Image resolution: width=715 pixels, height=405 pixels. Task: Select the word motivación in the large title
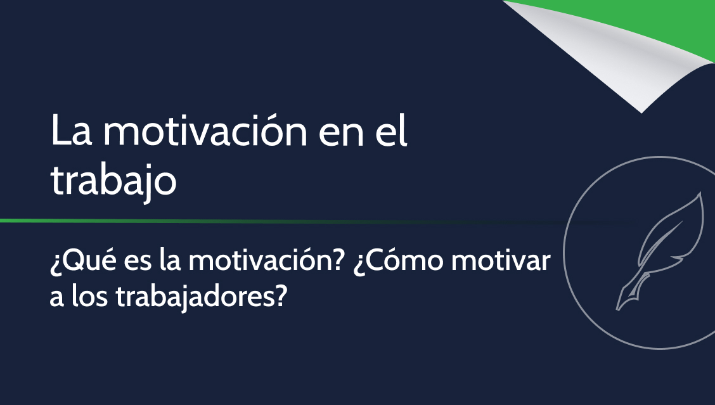[205, 131]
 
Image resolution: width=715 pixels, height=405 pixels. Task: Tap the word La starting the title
[71, 131]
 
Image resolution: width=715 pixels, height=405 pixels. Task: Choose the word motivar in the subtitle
[501, 260]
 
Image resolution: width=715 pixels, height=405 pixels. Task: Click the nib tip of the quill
[617, 310]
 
